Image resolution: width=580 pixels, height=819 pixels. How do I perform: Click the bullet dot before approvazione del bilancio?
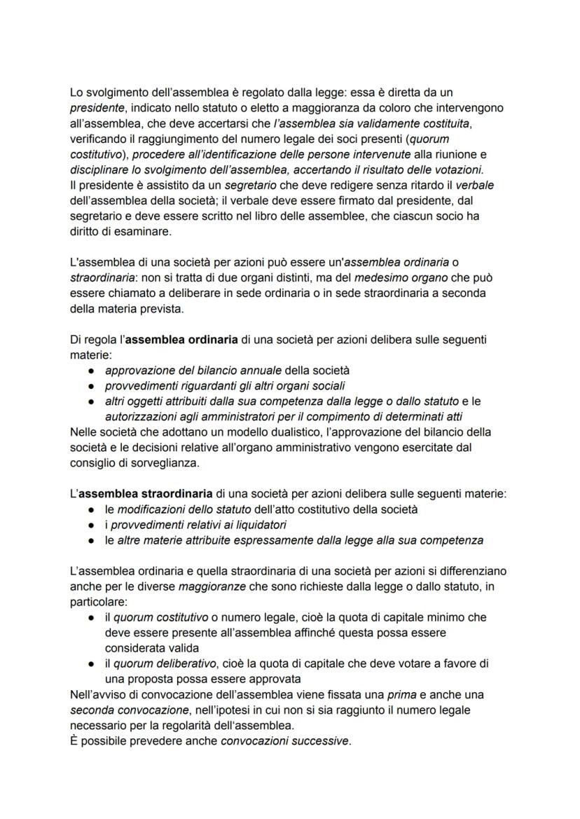coord(91,370)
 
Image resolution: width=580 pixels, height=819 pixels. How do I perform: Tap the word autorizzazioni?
coord(141,416)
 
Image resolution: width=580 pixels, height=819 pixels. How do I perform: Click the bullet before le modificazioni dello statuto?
coord(91,509)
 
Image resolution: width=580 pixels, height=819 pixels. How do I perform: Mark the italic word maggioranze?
coord(209,586)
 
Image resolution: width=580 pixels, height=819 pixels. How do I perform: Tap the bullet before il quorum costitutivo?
coord(91,617)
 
